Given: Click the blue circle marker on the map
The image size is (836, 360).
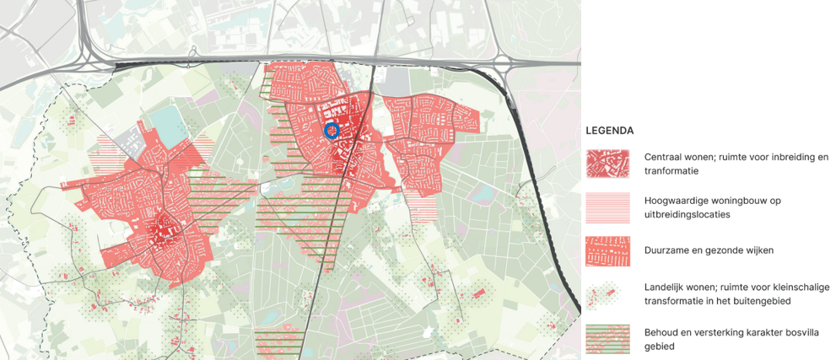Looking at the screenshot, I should click(332, 131).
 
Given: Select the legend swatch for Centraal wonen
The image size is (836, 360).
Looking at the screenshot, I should click(607, 164).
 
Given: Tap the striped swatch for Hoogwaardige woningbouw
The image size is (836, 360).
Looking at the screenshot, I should click(607, 207).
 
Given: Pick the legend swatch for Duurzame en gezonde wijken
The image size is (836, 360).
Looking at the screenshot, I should click(607, 250).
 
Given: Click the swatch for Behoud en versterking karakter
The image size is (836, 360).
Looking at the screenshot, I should click(607, 338).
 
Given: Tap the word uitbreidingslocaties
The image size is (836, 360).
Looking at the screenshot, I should click(688, 214).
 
